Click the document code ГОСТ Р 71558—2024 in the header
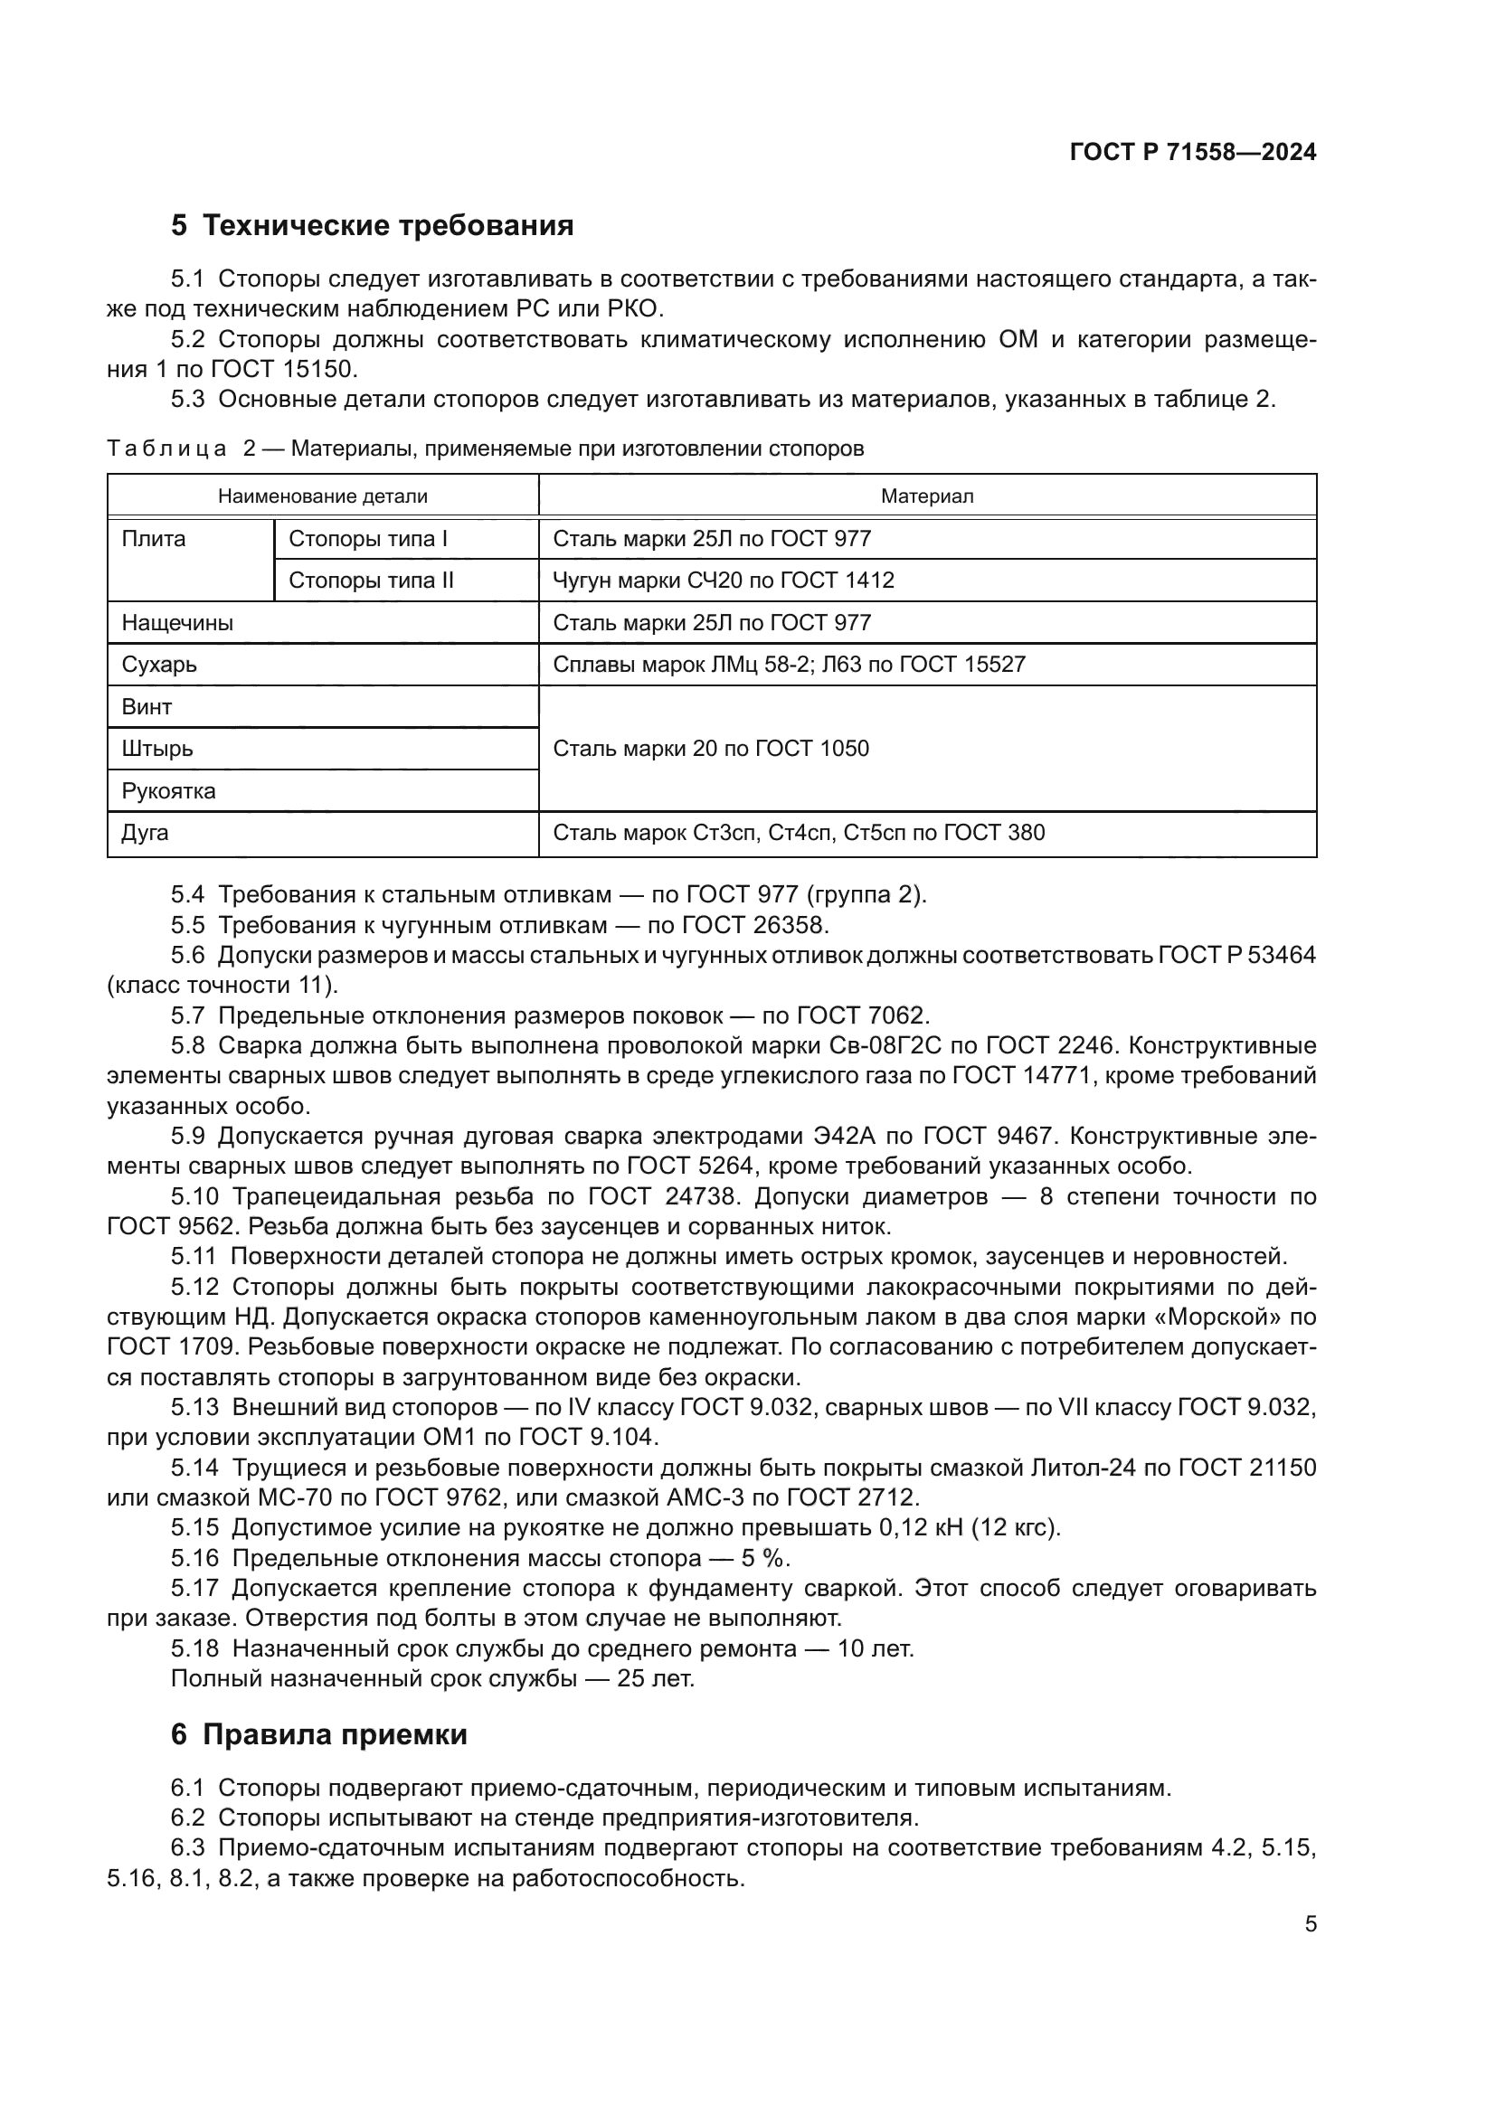1192,153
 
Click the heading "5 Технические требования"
372,226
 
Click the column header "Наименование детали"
322,496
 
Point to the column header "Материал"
927,496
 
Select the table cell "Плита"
153,539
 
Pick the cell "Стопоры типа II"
371,581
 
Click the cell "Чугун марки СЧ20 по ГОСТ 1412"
724,581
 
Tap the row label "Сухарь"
159,665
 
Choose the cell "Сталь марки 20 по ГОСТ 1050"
710,748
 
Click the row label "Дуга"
145,833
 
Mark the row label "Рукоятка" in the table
168,790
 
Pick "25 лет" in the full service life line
656,1678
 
